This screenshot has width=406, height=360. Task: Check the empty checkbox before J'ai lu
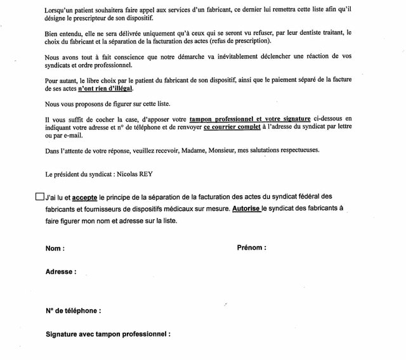point(40,196)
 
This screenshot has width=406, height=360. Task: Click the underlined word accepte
point(84,197)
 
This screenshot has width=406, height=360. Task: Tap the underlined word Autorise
point(246,209)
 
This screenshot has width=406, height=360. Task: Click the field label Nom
point(55,248)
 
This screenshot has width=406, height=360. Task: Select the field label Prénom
point(251,248)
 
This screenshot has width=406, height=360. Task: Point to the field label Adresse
point(61,272)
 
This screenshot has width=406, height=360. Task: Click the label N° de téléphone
point(74,311)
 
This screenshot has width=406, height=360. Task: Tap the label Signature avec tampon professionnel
point(108,334)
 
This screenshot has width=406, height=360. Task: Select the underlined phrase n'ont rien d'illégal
point(105,89)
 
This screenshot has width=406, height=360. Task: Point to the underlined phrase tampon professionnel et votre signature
point(250,119)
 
